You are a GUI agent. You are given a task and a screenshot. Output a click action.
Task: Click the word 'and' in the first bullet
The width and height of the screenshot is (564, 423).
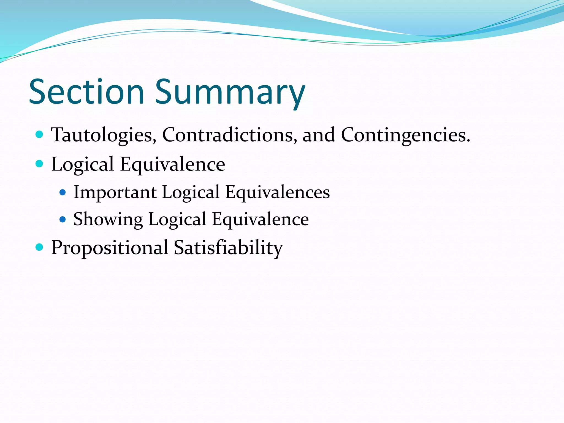tap(319, 135)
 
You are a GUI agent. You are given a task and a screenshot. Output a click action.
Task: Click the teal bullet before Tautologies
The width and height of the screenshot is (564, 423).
tap(40, 135)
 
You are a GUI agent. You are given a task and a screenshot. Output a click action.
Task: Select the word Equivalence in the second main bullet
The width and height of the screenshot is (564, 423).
tap(172, 164)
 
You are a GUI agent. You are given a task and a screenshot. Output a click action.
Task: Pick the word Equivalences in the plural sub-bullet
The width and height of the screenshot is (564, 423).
tap(277, 192)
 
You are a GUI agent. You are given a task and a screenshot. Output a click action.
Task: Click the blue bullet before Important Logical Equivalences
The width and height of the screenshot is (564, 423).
tap(63, 192)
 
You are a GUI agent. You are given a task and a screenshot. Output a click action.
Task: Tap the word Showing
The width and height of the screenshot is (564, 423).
tap(108, 219)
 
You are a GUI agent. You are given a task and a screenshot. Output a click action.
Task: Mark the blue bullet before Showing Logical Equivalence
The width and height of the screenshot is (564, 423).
tap(63, 219)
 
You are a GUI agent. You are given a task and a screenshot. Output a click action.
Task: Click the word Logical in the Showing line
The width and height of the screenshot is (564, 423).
tap(177, 219)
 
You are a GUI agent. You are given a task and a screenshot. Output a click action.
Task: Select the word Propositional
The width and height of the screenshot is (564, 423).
tap(110, 247)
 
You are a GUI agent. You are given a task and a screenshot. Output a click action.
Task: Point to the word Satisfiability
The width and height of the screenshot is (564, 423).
tap(228, 247)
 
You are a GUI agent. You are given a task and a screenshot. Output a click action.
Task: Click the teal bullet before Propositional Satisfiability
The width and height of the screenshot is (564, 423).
tap(40, 247)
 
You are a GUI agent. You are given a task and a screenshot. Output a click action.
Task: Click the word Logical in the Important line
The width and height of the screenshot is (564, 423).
tap(191, 192)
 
